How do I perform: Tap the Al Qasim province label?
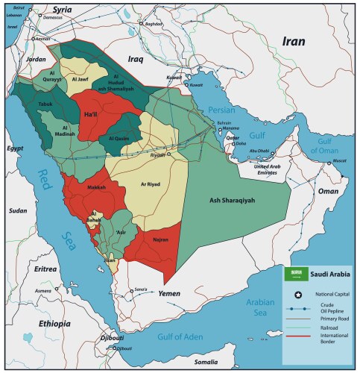(120, 138)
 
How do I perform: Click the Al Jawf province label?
(80, 77)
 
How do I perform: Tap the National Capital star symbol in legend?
(297, 295)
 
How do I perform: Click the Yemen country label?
(170, 294)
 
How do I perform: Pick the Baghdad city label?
(154, 24)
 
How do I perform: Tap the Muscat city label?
(339, 160)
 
